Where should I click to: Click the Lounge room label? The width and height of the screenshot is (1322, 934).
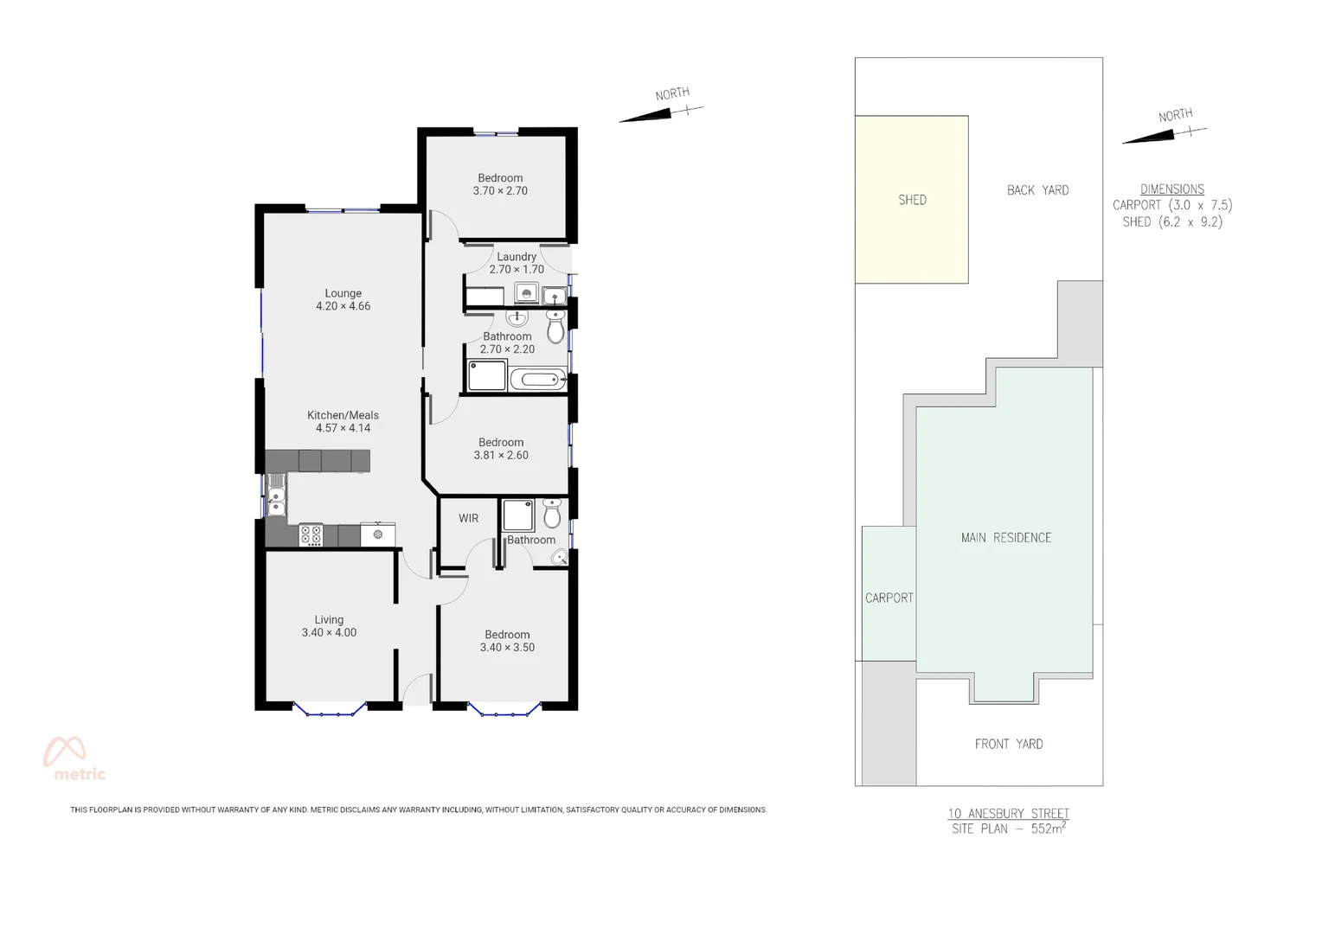click(x=343, y=293)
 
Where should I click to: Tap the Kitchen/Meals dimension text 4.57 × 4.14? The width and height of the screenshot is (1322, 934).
click(x=343, y=428)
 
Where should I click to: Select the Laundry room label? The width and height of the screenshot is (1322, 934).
click(x=517, y=257)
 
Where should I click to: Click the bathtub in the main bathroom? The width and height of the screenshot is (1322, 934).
click(x=537, y=380)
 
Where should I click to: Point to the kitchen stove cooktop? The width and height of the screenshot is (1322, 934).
click(x=311, y=535)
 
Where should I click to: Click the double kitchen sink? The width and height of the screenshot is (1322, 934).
click(x=276, y=496)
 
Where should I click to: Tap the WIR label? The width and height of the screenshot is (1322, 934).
click(x=468, y=518)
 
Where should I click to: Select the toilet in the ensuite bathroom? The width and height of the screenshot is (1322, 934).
click(x=552, y=515)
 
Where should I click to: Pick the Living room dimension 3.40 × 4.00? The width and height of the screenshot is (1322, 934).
click(x=329, y=633)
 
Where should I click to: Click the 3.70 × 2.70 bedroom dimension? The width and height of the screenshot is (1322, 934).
click(x=500, y=191)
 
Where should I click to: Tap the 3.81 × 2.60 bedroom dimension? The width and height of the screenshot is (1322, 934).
click(x=501, y=456)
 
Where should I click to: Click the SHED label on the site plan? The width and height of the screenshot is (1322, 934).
click(x=912, y=200)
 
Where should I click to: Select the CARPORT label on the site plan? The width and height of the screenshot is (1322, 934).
click(x=889, y=598)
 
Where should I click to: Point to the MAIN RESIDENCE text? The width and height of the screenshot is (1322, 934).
click(x=1006, y=538)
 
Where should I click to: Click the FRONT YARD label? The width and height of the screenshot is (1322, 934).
click(x=1009, y=744)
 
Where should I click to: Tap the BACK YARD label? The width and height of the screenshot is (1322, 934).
click(x=1037, y=190)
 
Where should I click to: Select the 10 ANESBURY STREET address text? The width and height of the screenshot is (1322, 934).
click(x=1008, y=813)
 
